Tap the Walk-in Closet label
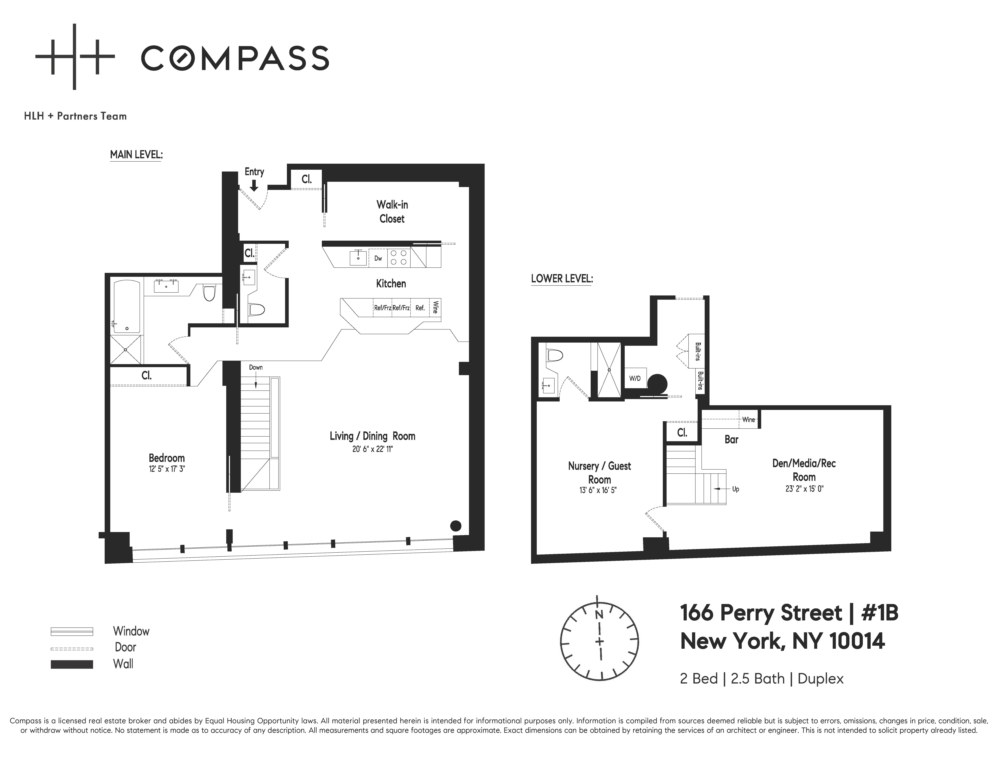click(x=392, y=212)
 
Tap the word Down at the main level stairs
click(x=256, y=367)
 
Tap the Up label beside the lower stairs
click(x=736, y=489)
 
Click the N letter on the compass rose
click(x=599, y=615)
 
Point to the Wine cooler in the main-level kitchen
click(x=435, y=308)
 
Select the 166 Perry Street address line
click(x=789, y=613)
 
